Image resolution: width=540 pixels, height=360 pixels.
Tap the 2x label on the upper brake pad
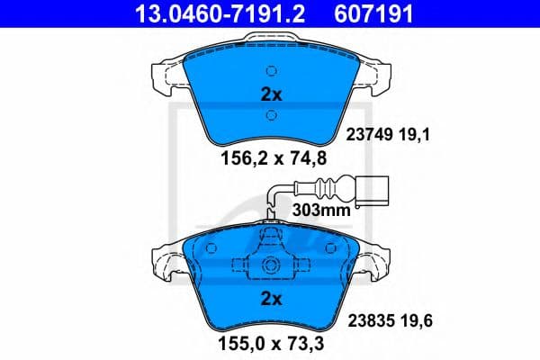pyautogui.click(x=270, y=94)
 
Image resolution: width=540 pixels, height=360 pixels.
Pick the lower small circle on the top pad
pyautogui.click(x=270, y=113)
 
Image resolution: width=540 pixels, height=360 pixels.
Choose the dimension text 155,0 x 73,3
pyautogui.click(x=269, y=343)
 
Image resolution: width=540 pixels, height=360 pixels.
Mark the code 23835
pyautogui.click(x=366, y=319)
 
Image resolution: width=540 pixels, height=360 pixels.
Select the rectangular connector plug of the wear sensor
pyautogui.click(x=374, y=190)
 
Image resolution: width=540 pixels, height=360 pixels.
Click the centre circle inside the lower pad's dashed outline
pyautogui.click(x=270, y=267)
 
